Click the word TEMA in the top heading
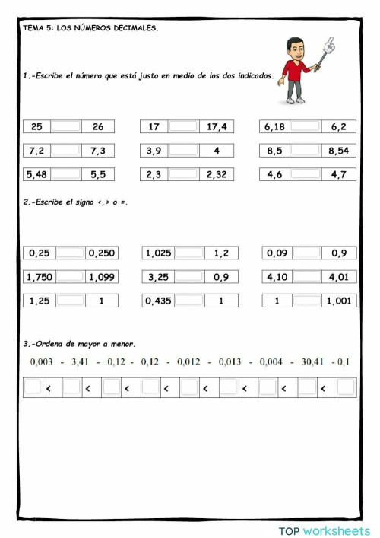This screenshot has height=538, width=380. point(33,27)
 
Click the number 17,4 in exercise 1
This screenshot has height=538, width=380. point(217,127)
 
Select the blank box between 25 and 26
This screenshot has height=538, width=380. point(66,127)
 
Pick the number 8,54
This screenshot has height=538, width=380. point(338,151)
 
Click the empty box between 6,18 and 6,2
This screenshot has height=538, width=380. point(306,127)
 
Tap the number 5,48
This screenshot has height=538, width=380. point(36,174)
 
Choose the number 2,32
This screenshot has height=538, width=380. point(217,174)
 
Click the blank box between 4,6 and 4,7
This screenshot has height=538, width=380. point(306,174)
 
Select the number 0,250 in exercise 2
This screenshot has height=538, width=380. point(101,253)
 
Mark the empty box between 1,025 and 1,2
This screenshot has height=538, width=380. point(189,253)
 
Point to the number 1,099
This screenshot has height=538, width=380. point(101,277)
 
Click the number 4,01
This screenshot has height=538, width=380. point(338,277)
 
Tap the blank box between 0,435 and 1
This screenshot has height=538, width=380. point(189,301)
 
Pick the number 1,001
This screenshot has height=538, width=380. point(338,301)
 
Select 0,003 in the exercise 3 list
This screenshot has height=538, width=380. point(41,362)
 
